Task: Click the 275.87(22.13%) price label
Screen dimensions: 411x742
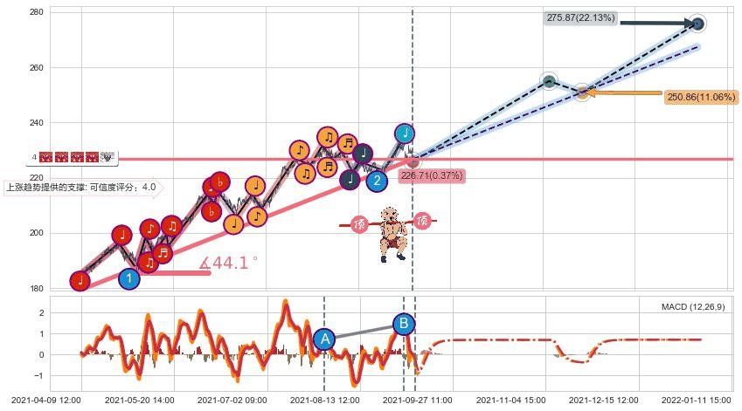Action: (581, 17)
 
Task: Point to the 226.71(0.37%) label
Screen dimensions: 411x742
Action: (432, 175)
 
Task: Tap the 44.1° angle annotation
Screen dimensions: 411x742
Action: (229, 263)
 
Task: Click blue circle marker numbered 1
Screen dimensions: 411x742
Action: (129, 279)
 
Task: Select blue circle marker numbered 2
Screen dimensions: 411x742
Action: (377, 181)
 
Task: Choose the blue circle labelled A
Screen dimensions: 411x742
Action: (324, 339)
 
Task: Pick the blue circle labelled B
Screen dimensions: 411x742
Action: (403, 324)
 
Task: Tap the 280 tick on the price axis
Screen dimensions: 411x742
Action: (35, 12)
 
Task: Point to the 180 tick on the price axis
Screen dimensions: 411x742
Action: (35, 289)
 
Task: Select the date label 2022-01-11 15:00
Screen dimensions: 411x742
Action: (697, 400)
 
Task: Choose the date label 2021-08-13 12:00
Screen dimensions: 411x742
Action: (324, 400)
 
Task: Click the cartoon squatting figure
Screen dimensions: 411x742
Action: (392, 234)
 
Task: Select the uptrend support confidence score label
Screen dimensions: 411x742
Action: (81, 187)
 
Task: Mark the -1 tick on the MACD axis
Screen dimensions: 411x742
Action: (39, 376)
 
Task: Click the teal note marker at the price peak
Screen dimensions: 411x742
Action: (404, 134)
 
